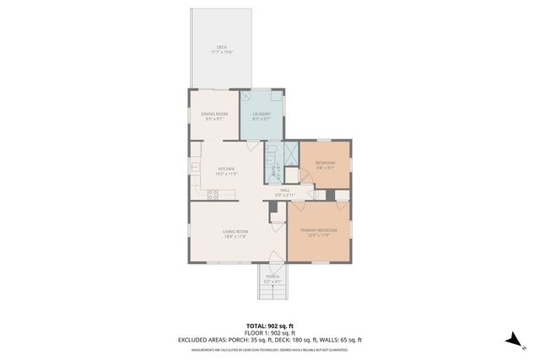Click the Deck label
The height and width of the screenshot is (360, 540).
pyautogui.click(x=222, y=46)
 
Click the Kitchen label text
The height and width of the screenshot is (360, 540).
pyautogui.click(x=226, y=169)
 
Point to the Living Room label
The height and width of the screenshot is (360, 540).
pyautogui.click(x=235, y=231)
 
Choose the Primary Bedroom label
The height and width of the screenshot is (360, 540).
pyautogui.click(x=319, y=230)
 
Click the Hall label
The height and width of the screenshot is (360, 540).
pyautogui.click(x=285, y=190)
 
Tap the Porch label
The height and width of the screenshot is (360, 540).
pyautogui.click(x=273, y=277)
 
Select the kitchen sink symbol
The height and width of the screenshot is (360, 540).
pyautogui.click(x=195, y=168)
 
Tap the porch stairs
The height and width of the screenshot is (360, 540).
pyautogui.click(x=273, y=291)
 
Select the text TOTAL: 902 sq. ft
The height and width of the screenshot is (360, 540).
pyautogui.click(x=269, y=325)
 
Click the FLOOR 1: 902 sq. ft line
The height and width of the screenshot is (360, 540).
pyautogui.click(x=269, y=332)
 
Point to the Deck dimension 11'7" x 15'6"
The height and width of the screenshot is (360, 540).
pyautogui.click(x=222, y=52)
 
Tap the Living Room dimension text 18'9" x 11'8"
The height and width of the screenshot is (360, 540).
pyautogui.click(x=235, y=236)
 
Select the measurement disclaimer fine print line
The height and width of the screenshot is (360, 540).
pyautogui.click(x=269, y=347)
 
